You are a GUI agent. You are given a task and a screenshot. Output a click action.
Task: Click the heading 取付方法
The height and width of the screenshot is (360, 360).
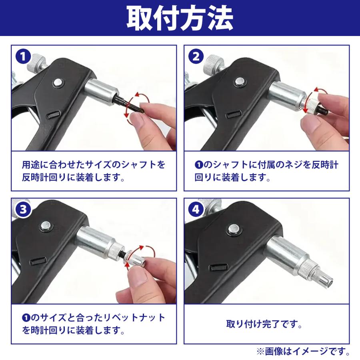[x=180, y=18]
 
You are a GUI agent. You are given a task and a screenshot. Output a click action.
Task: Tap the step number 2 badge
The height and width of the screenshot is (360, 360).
[x=196, y=56]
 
